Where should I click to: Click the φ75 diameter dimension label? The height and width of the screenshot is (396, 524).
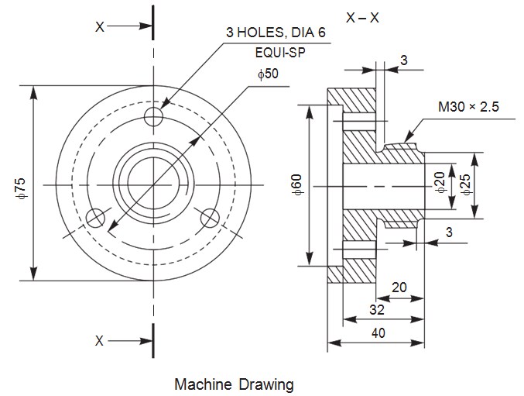coord(20,187)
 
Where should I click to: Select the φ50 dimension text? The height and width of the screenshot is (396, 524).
coord(268,74)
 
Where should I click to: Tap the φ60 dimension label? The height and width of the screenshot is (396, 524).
coord(297,187)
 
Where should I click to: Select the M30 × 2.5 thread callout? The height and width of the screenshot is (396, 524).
coord(469,107)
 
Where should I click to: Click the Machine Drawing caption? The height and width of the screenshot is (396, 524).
coord(234,384)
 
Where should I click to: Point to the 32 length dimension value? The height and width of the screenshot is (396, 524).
coord(376,309)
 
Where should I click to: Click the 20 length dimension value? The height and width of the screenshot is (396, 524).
coord(399,287)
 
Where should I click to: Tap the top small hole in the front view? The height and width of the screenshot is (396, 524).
coord(153,116)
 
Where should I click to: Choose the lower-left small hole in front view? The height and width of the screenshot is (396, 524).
coord(96,218)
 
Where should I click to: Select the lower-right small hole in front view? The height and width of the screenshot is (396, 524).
coord(209,219)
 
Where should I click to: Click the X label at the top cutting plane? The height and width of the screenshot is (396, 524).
coord(99,26)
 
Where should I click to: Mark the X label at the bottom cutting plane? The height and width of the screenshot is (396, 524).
coord(99,340)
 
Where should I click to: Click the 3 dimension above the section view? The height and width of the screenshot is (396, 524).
coord(404,60)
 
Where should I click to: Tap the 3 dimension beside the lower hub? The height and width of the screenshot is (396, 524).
coord(449,232)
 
